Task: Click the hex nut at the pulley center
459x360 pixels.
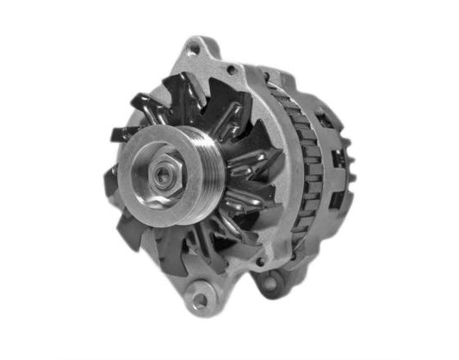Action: (164, 174)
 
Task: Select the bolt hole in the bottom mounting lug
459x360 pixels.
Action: (201, 301)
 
